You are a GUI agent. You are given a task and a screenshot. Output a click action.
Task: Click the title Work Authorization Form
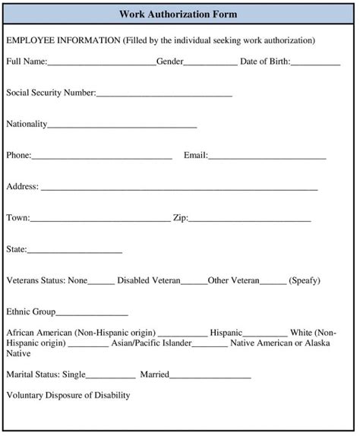coord(178,14)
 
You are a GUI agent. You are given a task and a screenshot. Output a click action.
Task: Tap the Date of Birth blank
coord(315,63)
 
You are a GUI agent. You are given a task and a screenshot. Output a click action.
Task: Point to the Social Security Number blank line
coord(164,95)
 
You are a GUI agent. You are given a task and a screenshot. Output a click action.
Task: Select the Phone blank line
coord(102,157)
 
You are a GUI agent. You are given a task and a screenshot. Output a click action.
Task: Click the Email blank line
coord(267,157)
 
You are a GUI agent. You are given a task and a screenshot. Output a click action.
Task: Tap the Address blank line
coord(179,188)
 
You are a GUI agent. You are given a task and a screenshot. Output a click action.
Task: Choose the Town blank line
coord(100,220)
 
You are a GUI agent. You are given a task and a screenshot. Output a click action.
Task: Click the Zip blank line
coord(249,220)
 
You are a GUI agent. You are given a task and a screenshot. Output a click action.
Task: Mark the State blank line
coord(74,251)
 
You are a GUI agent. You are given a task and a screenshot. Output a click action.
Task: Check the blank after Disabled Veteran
coord(194,283)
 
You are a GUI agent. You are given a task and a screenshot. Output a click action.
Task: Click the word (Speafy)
coord(305,280)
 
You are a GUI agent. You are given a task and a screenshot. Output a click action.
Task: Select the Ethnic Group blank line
coord(92,314)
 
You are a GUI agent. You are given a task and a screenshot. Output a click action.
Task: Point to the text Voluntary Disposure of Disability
coord(68,395)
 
